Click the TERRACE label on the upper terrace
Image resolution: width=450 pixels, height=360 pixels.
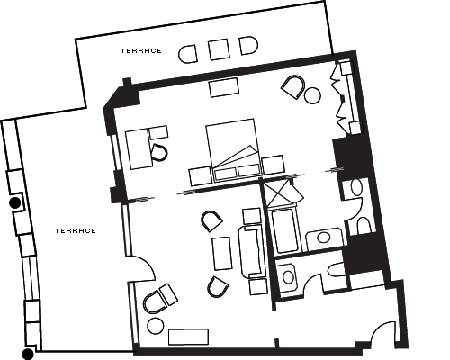click(141, 50)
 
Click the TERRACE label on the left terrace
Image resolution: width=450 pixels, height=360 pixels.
click(76, 230)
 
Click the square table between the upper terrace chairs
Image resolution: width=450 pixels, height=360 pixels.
click(219, 49)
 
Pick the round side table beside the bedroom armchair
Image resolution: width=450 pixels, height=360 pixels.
click(312, 95)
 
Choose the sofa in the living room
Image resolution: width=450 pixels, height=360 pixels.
click(252, 250)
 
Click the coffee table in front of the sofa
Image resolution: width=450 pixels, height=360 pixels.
click(222, 254)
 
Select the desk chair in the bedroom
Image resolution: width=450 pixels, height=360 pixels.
click(159, 153)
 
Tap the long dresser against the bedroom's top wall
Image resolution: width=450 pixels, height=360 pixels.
click(224, 87)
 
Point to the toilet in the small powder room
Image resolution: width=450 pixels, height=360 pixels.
click(336, 269)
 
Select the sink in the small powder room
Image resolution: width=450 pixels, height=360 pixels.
click(288, 277)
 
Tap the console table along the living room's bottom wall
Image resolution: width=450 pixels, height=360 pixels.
click(188, 337)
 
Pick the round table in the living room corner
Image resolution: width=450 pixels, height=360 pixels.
click(156, 326)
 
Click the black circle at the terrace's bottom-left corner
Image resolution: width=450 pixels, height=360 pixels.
click(28, 355)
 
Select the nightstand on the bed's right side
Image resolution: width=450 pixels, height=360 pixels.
click(273, 165)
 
